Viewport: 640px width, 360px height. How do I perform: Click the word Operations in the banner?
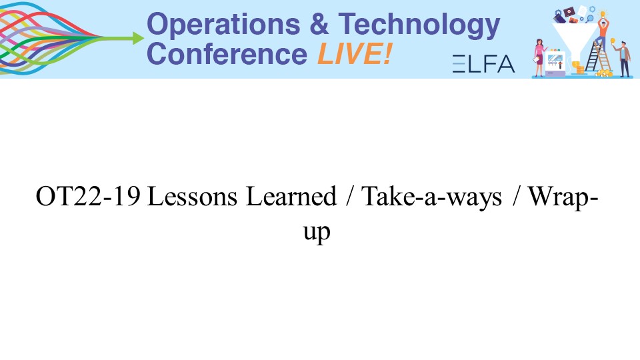223,25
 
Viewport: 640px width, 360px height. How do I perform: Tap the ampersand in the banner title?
319,24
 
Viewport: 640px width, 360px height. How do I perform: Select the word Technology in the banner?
419,25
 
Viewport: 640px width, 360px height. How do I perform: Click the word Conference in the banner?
227,54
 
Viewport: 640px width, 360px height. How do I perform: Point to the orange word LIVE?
355,54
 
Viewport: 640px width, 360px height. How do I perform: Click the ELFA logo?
484,64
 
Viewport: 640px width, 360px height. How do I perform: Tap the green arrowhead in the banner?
137,39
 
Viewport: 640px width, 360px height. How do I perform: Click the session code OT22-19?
88,196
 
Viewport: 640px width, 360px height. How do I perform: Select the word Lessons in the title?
192,196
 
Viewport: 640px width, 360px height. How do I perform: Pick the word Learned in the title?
291,196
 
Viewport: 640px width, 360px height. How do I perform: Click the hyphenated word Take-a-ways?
432,197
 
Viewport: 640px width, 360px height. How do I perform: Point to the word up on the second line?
317,233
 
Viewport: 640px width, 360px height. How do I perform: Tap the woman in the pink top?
539,57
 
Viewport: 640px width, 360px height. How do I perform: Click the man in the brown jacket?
624,59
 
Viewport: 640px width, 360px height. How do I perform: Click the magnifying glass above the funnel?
590,19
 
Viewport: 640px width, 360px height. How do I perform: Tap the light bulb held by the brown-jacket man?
612,41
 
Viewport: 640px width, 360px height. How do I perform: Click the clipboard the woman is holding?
536,59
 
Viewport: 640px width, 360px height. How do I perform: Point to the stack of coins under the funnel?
580,70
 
